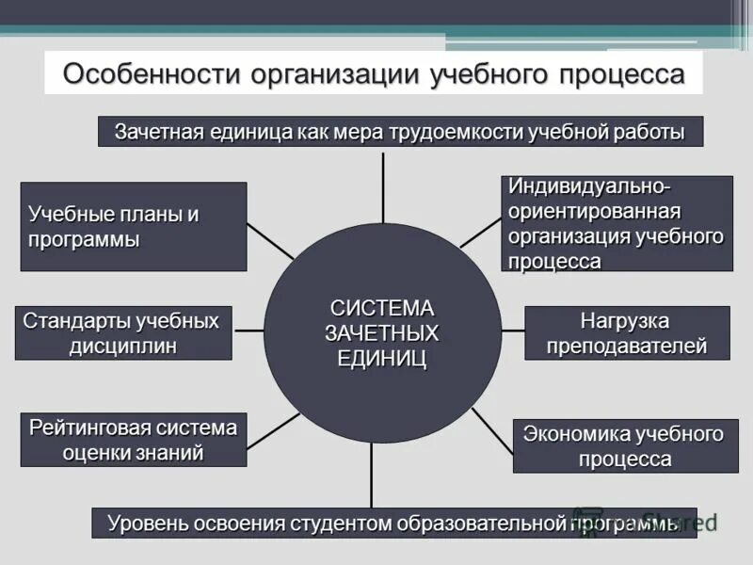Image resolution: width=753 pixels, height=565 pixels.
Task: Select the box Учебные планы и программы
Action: (x=134, y=226)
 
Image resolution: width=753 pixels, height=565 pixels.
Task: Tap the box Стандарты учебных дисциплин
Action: (x=123, y=332)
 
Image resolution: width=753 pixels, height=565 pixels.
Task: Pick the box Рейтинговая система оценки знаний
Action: (x=133, y=440)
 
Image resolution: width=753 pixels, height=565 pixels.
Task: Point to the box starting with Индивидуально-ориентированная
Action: (x=617, y=223)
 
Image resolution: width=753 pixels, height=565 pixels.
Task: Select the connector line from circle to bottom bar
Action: (x=372, y=476)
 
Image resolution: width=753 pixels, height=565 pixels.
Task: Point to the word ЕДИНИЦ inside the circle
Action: (x=382, y=358)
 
